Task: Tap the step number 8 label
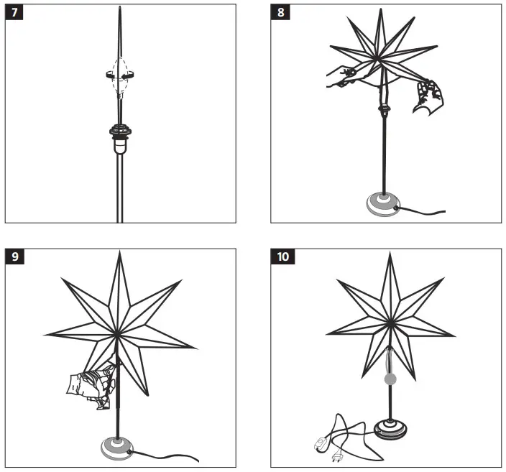(x=280, y=14)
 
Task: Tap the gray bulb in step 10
(x=390, y=378)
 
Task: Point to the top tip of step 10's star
(x=390, y=254)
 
